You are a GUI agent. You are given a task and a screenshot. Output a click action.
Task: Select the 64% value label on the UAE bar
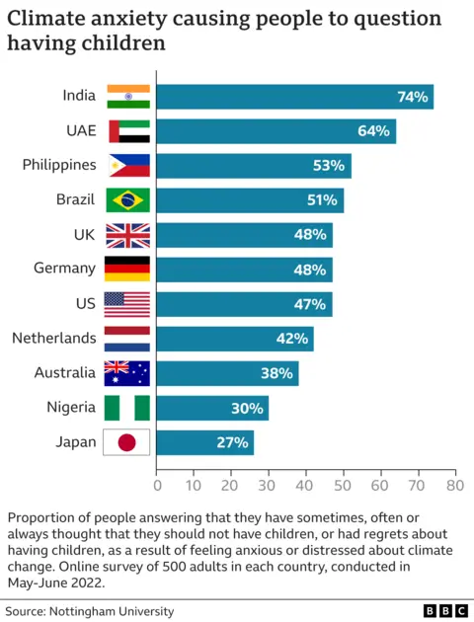[373, 131]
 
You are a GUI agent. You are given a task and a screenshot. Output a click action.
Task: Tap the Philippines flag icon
[127, 166]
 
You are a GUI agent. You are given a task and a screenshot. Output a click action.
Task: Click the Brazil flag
[127, 200]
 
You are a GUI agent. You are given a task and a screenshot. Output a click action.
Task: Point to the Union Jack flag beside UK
[127, 235]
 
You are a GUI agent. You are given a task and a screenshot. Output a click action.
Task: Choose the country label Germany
[66, 269]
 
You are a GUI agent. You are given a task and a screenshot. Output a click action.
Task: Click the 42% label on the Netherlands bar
[292, 339]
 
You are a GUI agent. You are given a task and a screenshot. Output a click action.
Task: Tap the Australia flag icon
[127, 373]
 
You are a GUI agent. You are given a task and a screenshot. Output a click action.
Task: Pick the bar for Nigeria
[212, 408]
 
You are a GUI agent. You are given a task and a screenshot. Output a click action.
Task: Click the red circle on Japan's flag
[127, 442]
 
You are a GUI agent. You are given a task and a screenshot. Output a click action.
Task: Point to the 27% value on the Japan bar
[232, 442]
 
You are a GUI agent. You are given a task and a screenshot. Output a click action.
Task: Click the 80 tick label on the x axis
[455, 486]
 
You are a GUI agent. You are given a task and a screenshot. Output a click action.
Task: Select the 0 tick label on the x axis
[157, 486]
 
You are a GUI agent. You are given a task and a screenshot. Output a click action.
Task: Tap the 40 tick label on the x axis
[306, 486]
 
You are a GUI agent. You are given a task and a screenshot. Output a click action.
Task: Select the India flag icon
[127, 97]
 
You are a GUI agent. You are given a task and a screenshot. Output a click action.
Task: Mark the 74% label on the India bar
[412, 97]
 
